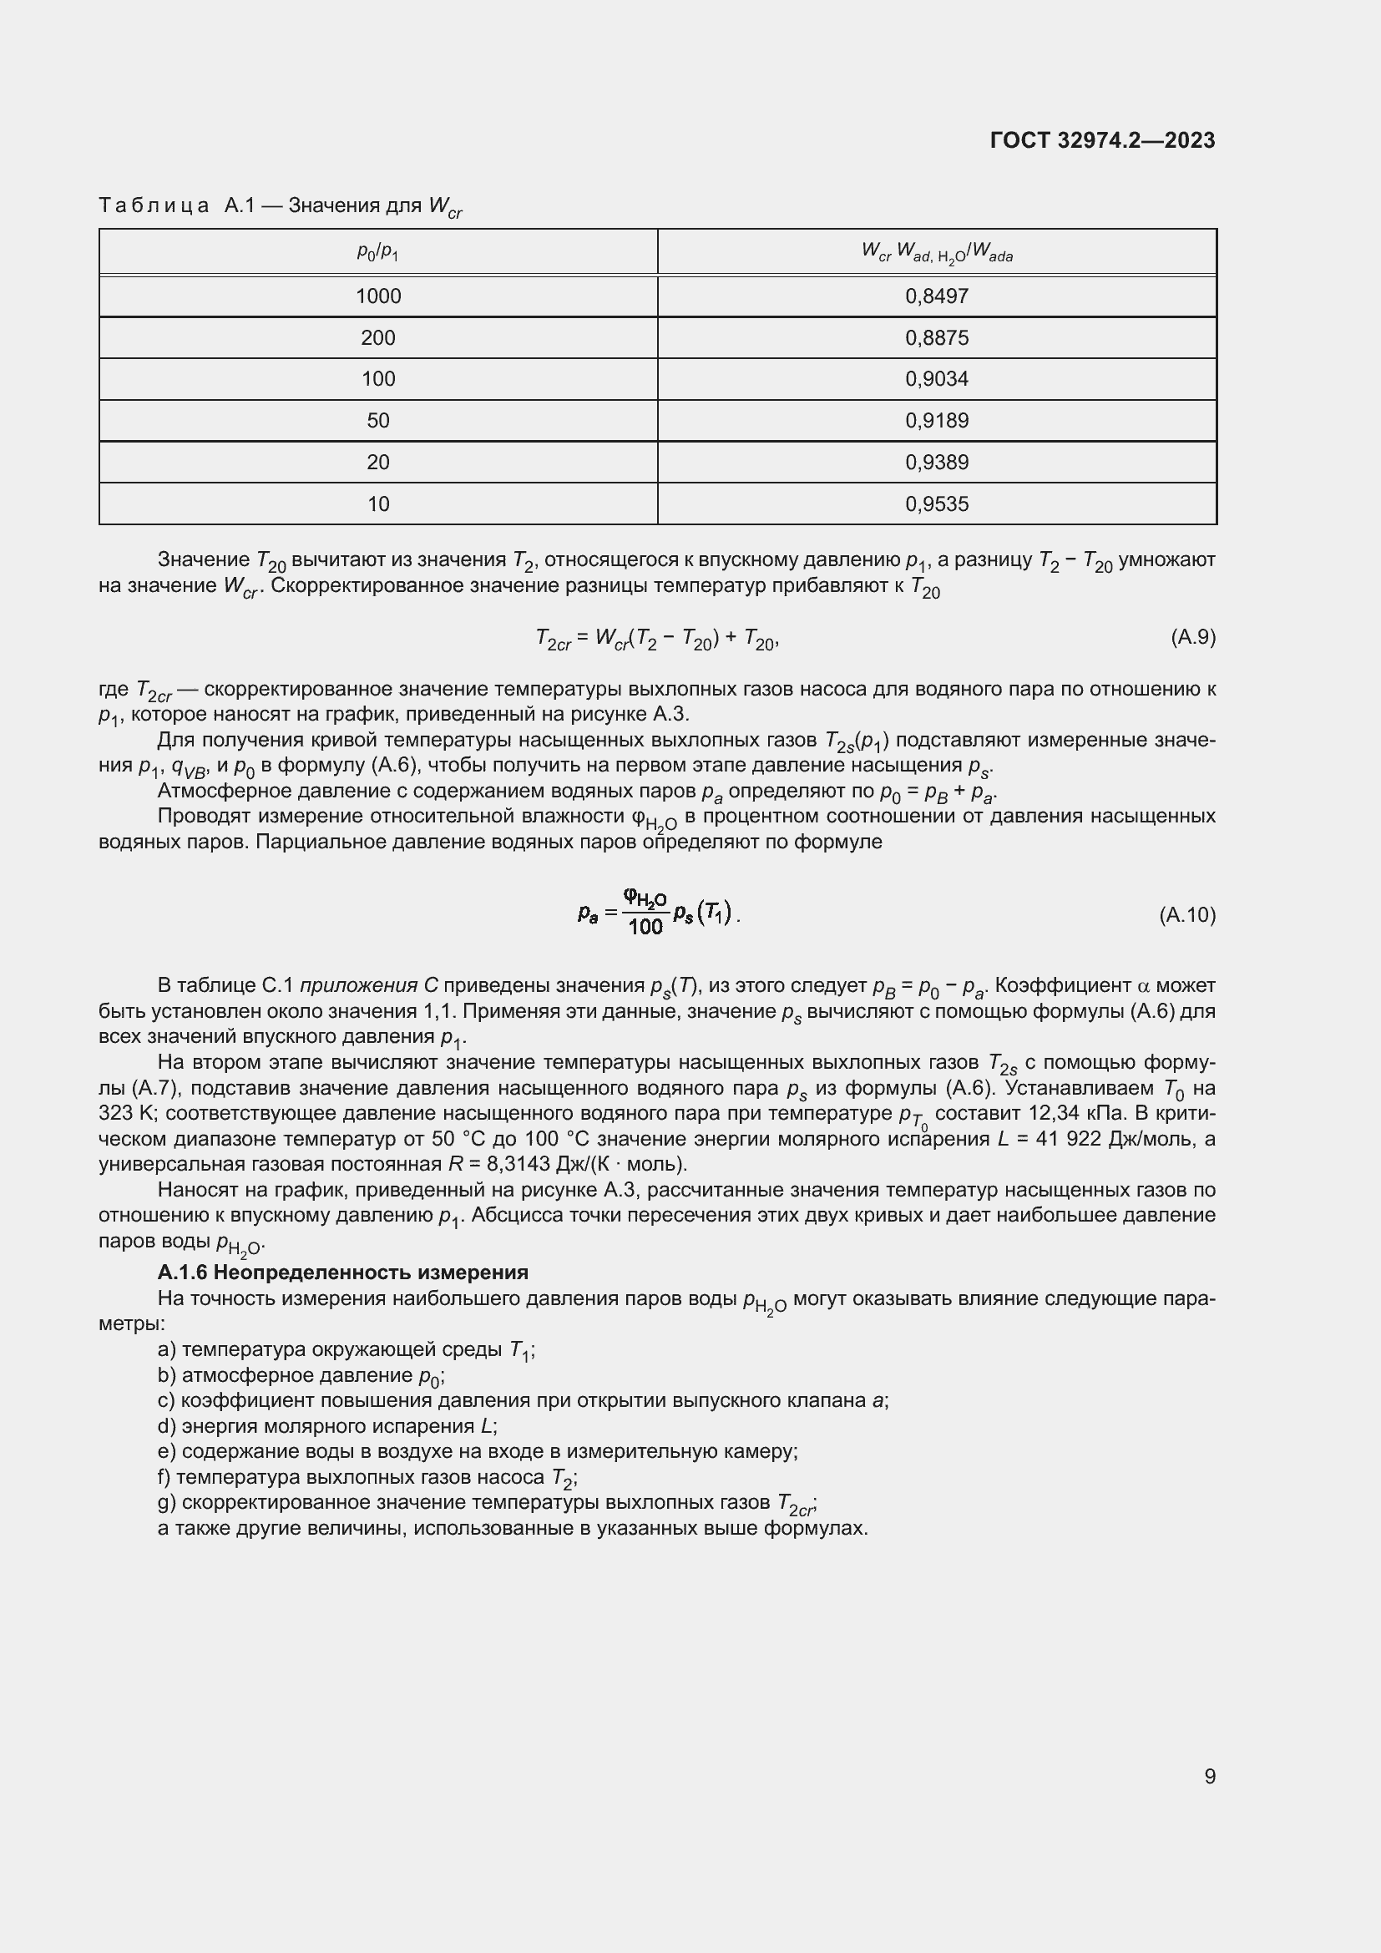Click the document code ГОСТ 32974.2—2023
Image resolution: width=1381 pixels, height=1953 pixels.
(x=1102, y=141)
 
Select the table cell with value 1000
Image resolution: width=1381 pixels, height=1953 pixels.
(x=377, y=296)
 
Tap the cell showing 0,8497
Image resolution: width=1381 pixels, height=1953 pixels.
(x=936, y=296)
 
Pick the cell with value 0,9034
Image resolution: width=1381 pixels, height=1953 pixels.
(x=936, y=378)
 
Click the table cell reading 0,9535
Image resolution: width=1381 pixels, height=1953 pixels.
(x=936, y=503)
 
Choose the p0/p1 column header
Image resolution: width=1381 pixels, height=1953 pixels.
(x=377, y=252)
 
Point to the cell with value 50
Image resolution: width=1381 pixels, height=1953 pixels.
(x=377, y=420)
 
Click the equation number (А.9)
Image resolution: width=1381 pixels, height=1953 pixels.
(x=1192, y=637)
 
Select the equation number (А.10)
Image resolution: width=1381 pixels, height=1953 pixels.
(x=1187, y=915)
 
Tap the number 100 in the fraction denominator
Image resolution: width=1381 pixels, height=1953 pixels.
(x=645, y=927)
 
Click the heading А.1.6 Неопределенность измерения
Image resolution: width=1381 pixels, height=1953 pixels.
(x=342, y=1272)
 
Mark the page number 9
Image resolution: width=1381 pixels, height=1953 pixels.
(x=1209, y=1777)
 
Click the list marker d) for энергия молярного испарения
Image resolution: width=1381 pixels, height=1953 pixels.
(x=167, y=1425)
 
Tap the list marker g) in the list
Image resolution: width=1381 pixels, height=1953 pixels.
(x=167, y=1502)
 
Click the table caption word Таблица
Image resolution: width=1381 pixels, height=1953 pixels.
(x=154, y=206)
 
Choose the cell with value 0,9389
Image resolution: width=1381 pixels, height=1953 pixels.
(x=936, y=462)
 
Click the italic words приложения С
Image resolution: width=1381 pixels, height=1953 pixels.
(x=369, y=986)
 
